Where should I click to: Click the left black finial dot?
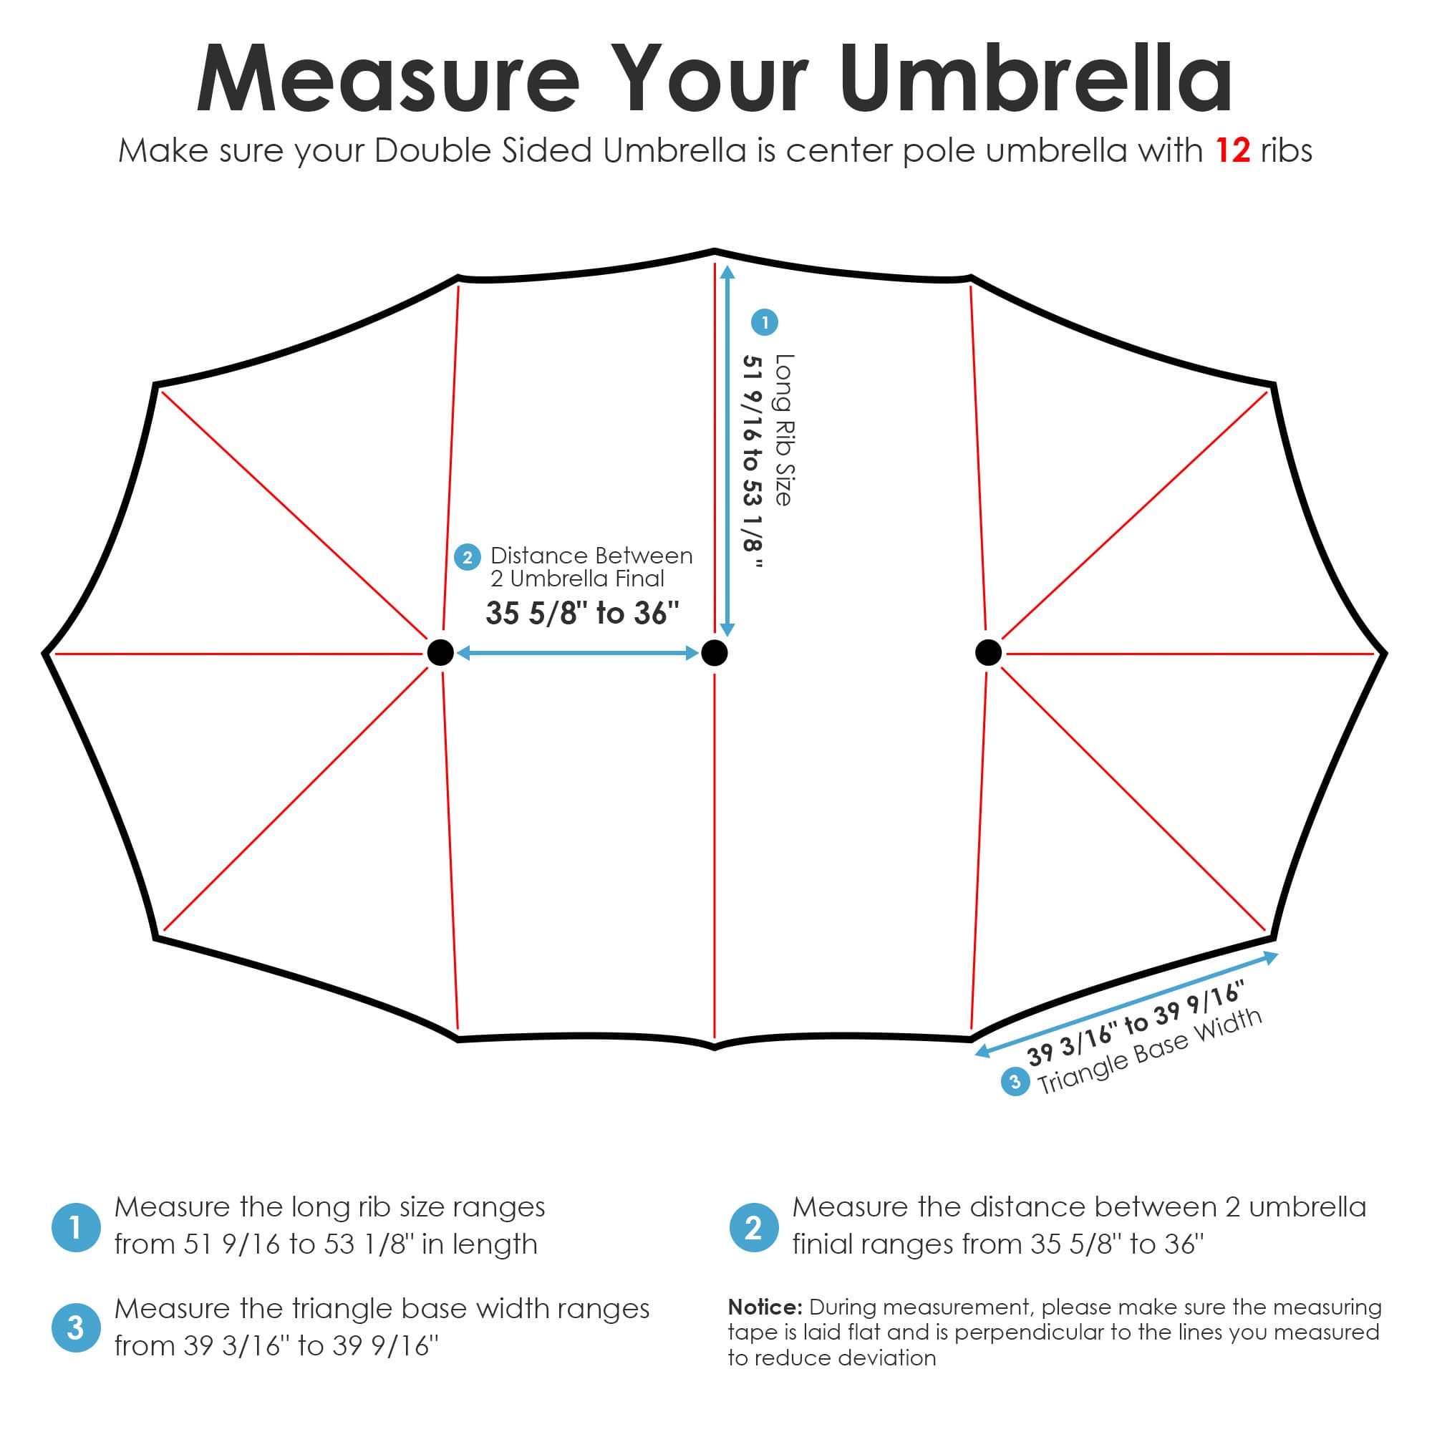(440, 653)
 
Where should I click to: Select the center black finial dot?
(715, 653)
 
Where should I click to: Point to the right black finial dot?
(988, 653)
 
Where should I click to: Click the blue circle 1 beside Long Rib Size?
(765, 322)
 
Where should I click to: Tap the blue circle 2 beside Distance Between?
(467, 557)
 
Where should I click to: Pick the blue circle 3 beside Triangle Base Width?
(1015, 1081)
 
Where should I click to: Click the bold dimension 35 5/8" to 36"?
(583, 614)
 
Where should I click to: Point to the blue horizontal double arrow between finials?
(578, 653)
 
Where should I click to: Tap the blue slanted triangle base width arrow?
(1126, 1005)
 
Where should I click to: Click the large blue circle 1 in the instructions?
(76, 1227)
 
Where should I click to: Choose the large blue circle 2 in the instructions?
(754, 1227)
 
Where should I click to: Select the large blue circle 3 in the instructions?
(76, 1327)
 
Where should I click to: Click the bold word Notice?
(765, 1307)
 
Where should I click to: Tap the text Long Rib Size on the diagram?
(784, 430)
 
